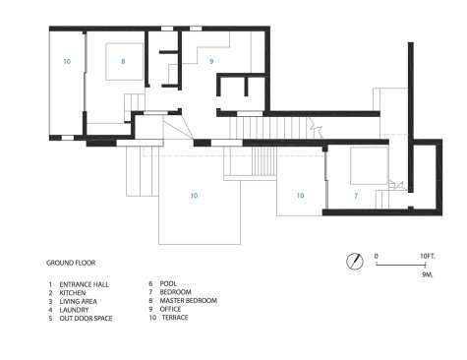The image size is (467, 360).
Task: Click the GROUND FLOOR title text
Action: (71, 263)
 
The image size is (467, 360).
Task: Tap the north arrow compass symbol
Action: (355, 262)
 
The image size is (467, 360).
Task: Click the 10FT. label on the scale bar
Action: (428, 256)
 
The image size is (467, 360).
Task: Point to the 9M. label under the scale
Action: (428, 274)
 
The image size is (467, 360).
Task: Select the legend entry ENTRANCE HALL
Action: (85, 284)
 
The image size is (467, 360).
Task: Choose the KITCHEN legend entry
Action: (73, 293)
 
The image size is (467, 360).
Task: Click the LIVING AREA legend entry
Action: (79, 301)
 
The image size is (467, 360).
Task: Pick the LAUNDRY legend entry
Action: (74, 310)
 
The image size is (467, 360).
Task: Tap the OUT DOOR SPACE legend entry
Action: (86, 319)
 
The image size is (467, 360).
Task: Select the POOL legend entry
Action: (168, 283)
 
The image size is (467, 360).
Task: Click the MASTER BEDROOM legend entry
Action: (189, 301)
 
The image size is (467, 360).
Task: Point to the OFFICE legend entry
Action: (170, 309)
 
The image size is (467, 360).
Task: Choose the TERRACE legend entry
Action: (175, 318)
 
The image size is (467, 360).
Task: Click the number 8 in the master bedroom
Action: (123, 61)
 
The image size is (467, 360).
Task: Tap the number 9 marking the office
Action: (211, 61)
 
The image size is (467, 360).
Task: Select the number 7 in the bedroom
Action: (356, 196)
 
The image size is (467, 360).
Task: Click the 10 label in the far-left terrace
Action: (67, 61)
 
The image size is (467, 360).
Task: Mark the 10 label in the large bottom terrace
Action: (194, 196)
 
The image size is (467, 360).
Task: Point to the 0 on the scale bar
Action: (377, 256)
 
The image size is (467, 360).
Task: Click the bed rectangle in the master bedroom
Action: (124, 61)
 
